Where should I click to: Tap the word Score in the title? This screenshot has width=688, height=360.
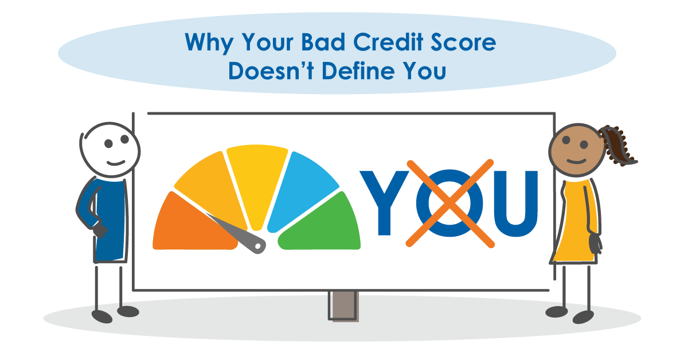(467, 43)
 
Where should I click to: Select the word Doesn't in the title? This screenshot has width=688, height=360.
(265, 73)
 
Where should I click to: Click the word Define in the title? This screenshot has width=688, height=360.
(357, 73)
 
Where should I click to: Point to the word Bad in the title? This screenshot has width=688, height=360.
(331, 43)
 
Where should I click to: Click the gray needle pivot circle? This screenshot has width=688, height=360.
(259, 245)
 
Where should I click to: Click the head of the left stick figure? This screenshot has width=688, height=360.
(110, 147)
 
